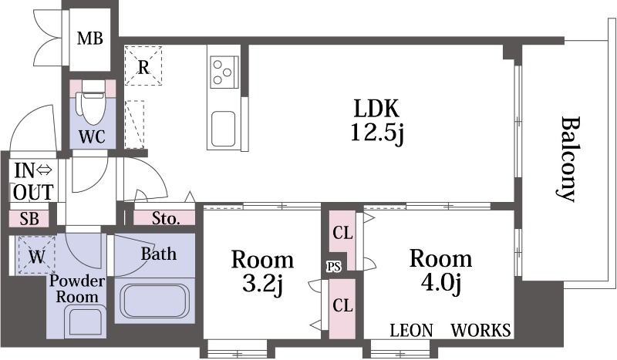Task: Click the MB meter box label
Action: (90, 39)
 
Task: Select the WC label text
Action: (92, 136)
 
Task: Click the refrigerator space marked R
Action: (143, 66)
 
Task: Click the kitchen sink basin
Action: (224, 129)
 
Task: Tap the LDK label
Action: (376, 108)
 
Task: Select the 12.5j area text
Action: (377, 133)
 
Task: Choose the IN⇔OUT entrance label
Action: (34, 182)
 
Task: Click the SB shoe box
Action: (29, 219)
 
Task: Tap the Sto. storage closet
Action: (164, 218)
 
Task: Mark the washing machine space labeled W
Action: (36, 254)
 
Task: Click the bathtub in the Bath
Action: (155, 301)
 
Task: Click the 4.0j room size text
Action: (440, 282)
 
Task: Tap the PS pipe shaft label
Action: (334, 267)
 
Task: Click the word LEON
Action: (411, 331)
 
